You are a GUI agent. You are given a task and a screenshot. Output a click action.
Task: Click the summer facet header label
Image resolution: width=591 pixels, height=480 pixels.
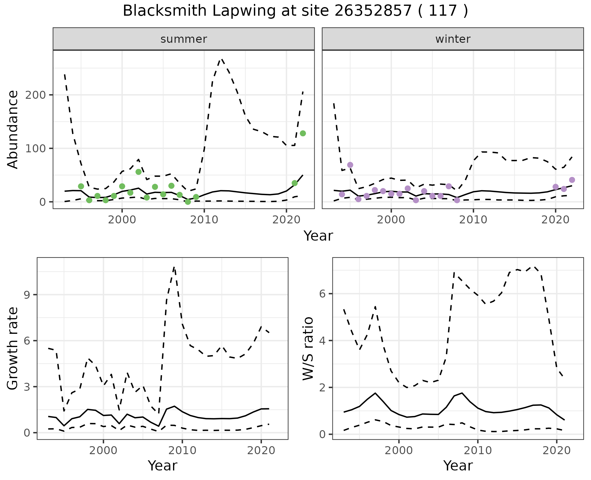coord(184,39)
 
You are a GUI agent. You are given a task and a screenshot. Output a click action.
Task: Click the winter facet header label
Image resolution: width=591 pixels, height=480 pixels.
coord(453,39)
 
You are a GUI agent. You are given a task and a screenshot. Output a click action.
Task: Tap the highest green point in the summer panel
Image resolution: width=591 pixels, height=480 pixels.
coord(303,133)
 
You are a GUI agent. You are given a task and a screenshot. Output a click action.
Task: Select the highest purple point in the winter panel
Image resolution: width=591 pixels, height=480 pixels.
coord(350,165)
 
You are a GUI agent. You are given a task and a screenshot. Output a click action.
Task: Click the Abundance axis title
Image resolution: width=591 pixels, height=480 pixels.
coord(13,130)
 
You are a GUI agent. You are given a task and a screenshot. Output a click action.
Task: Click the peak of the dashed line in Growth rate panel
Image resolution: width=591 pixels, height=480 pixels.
coord(174,267)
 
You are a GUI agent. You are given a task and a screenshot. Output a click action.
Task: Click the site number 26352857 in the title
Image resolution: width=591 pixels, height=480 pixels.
coord(373,11)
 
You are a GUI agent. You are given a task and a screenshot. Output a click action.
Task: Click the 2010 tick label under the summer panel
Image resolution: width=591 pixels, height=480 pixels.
coord(204,220)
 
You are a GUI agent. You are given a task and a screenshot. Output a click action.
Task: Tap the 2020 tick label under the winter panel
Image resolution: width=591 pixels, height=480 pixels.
coord(556,220)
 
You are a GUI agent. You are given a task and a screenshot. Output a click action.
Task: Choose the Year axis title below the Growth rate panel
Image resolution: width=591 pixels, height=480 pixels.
coord(163,466)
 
